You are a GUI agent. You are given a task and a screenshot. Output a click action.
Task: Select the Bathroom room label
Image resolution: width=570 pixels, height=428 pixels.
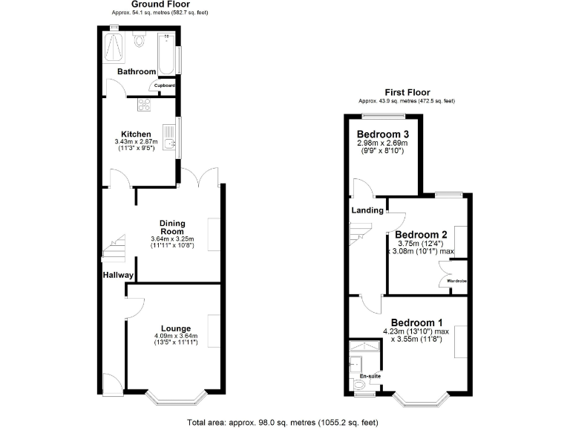[x=137, y=71]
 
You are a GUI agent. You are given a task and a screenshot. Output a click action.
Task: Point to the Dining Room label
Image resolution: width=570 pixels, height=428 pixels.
[x=172, y=227]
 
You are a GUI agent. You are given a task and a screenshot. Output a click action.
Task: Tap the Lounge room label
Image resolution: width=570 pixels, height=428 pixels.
[x=176, y=328]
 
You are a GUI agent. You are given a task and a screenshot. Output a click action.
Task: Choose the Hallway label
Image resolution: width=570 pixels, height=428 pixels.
[x=118, y=275]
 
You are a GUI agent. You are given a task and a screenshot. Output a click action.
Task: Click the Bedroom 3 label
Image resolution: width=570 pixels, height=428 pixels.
[x=382, y=134]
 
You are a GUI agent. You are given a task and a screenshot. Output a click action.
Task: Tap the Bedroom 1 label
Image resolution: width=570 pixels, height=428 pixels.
[x=416, y=322]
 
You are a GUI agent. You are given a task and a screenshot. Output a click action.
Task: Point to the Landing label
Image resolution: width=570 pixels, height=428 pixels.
[x=367, y=210]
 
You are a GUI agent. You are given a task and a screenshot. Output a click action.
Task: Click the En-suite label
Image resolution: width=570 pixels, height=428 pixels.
[x=369, y=377]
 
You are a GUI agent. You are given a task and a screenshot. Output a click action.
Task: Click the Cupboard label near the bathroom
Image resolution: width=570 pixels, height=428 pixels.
[x=164, y=85]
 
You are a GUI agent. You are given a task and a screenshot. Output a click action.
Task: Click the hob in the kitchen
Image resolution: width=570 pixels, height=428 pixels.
[x=142, y=105]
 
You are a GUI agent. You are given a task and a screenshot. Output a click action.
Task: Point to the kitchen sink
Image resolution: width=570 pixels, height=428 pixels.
[x=171, y=144]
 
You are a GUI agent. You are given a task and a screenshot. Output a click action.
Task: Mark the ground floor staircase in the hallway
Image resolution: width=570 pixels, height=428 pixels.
[x=113, y=250]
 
